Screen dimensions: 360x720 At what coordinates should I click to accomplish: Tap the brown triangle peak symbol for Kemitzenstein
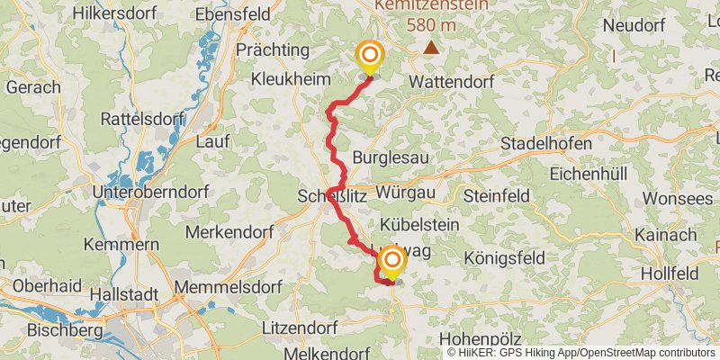tap(432, 47)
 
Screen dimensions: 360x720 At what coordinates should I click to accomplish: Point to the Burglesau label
tap(387, 157)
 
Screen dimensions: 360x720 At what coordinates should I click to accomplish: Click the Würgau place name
tap(407, 193)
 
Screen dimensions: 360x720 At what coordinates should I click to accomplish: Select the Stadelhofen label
tap(546, 144)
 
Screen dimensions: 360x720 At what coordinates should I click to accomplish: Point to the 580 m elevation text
tap(432, 24)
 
